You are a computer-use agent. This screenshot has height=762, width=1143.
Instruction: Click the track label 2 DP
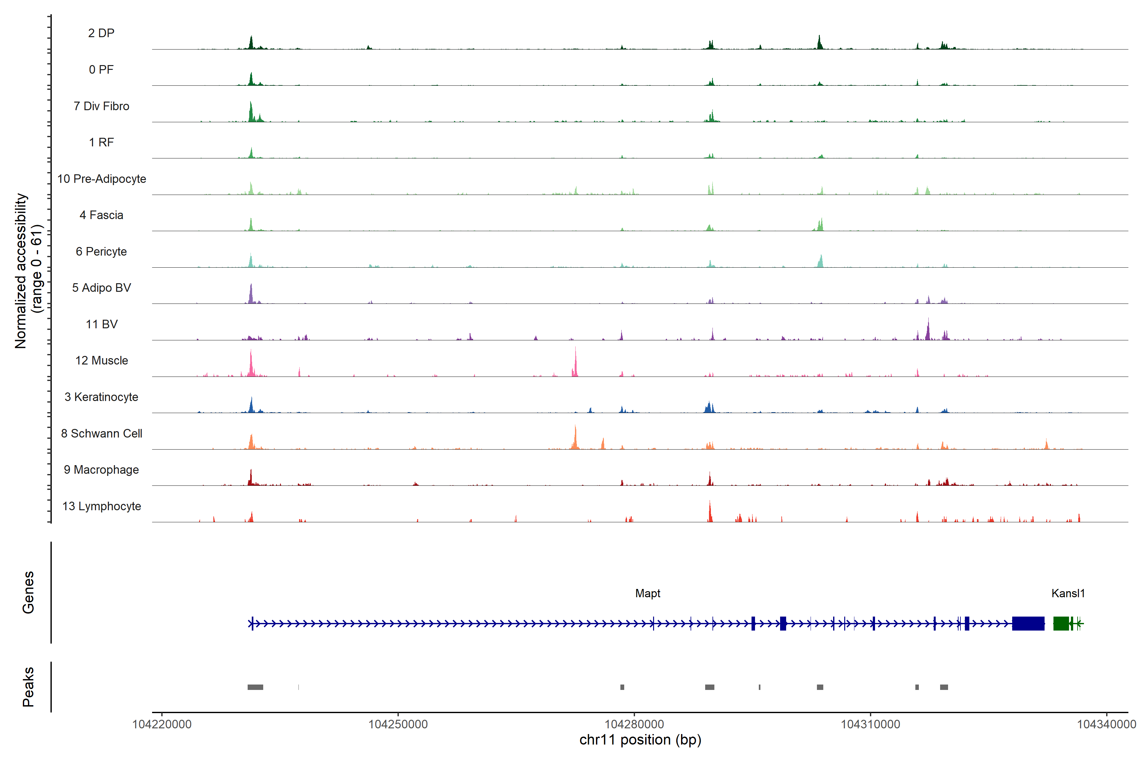click(x=101, y=33)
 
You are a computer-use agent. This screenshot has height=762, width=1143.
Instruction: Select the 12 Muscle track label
click(x=102, y=361)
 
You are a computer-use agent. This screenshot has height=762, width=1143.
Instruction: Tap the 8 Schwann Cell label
click(x=102, y=433)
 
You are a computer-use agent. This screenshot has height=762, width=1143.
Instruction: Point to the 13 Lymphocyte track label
click(x=102, y=506)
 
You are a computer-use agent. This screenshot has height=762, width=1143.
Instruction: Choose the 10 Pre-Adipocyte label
click(x=102, y=179)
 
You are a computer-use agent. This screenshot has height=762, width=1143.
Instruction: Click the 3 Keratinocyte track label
click(x=102, y=397)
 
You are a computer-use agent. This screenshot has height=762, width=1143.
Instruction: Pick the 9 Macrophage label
click(x=102, y=470)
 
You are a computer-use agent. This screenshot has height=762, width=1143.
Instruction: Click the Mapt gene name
click(x=647, y=593)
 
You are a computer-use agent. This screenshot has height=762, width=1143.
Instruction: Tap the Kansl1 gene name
click(x=1068, y=593)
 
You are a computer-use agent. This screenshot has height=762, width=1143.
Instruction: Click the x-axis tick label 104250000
click(x=398, y=724)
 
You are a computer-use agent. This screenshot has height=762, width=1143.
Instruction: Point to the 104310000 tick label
click(x=870, y=724)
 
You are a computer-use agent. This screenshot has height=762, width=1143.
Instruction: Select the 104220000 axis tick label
click(x=162, y=724)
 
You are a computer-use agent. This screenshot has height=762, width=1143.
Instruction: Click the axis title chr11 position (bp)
click(x=640, y=740)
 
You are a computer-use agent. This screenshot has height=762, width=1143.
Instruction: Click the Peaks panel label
click(x=28, y=687)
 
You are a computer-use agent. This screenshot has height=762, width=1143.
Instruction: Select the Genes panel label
click(x=28, y=592)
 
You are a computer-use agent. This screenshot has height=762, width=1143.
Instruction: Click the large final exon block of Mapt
click(x=1028, y=624)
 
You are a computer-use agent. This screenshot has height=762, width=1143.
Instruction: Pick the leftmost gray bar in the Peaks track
click(x=255, y=687)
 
